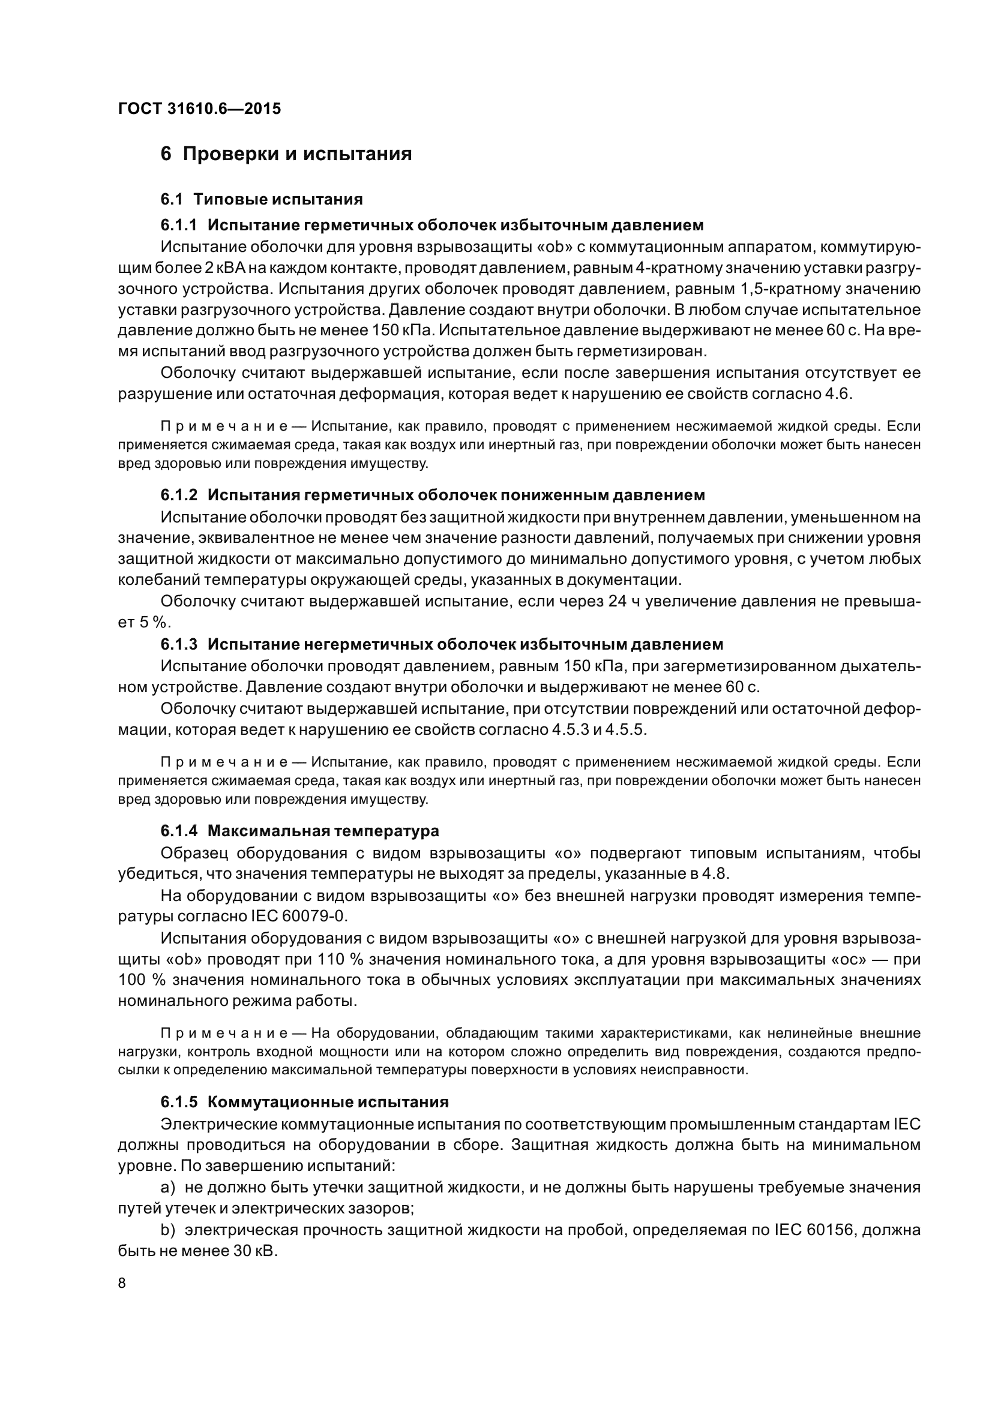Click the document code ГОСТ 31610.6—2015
(199, 109)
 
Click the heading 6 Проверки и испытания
(286, 154)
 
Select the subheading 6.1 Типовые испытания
(262, 199)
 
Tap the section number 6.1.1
(178, 226)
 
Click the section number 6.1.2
(178, 495)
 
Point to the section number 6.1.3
(178, 645)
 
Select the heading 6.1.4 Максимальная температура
(299, 831)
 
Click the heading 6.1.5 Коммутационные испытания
(304, 1102)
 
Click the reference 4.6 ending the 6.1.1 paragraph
(837, 393)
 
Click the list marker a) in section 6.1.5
(168, 1187)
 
